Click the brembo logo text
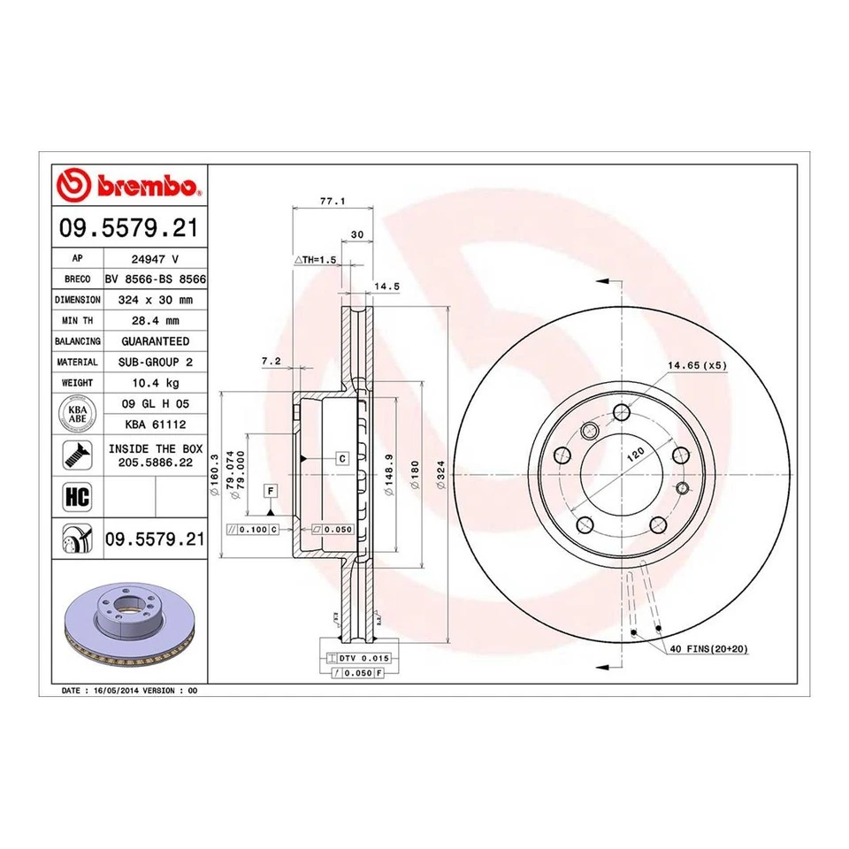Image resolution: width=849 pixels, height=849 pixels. (147, 186)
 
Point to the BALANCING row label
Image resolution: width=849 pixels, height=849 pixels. (78, 340)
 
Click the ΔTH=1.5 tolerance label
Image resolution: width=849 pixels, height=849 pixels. (316, 261)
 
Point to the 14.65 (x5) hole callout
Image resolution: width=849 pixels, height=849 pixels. (696, 365)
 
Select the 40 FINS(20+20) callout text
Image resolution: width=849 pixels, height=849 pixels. (707, 648)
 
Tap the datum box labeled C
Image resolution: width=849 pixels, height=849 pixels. (341, 458)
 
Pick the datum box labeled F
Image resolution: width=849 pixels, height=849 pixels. (271, 491)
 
